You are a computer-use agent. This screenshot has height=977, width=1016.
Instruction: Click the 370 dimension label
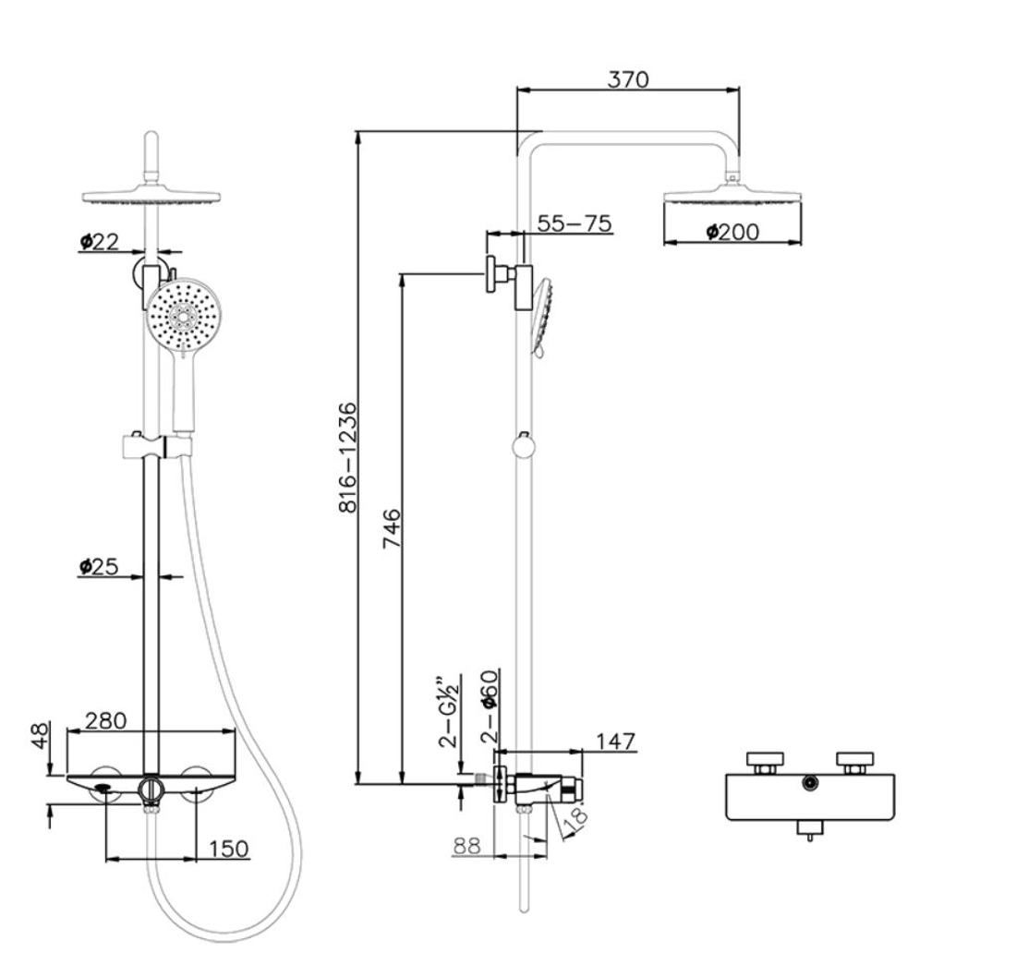(x=628, y=78)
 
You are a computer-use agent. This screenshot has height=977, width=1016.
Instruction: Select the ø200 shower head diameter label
(x=732, y=231)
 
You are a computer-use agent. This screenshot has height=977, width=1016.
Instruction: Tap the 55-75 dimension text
(x=574, y=223)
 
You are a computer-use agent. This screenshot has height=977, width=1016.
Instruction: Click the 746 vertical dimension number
(x=393, y=528)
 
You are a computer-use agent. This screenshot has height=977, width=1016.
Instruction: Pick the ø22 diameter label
(x=99, y=241)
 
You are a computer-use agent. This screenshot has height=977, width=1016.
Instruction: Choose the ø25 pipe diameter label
(x=99, y=566)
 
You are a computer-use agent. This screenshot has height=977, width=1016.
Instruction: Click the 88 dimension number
(x=470, y=845)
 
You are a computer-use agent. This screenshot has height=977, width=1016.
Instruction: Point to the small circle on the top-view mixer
(x=810, y=783)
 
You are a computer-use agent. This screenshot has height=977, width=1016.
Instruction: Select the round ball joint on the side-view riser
(x=524, y=448)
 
